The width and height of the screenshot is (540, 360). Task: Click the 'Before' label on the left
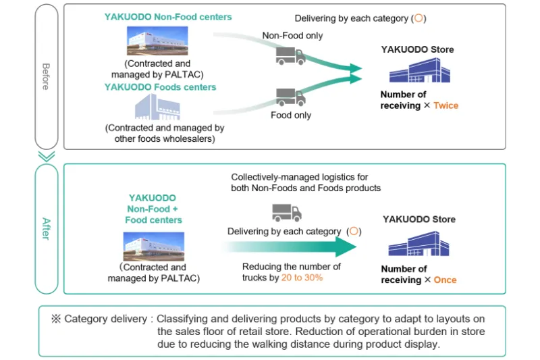(x=46, y=76)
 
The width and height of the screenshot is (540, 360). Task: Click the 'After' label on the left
(x=46, y=229)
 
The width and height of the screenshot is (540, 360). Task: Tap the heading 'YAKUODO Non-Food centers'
(x=168, y=17)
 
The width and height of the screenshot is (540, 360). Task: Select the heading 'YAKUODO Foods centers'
(x=160, y=87)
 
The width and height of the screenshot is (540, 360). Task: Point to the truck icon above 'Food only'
(x=291, y=97)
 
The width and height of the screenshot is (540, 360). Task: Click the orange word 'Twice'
(x=446, y=105)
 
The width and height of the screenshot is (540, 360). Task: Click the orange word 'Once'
(x=446, y=280)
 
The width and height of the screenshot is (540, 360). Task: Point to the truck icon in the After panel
(x=287, y=213)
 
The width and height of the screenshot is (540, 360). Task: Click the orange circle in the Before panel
(x=418, y=19)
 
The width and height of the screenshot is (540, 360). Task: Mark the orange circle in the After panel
(x=354, y=232)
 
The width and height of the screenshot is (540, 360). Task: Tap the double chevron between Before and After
(x=46, y=156)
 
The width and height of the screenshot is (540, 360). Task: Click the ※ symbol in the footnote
(x=56, y=319)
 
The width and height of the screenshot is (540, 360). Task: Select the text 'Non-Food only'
(x=292, y=36)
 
